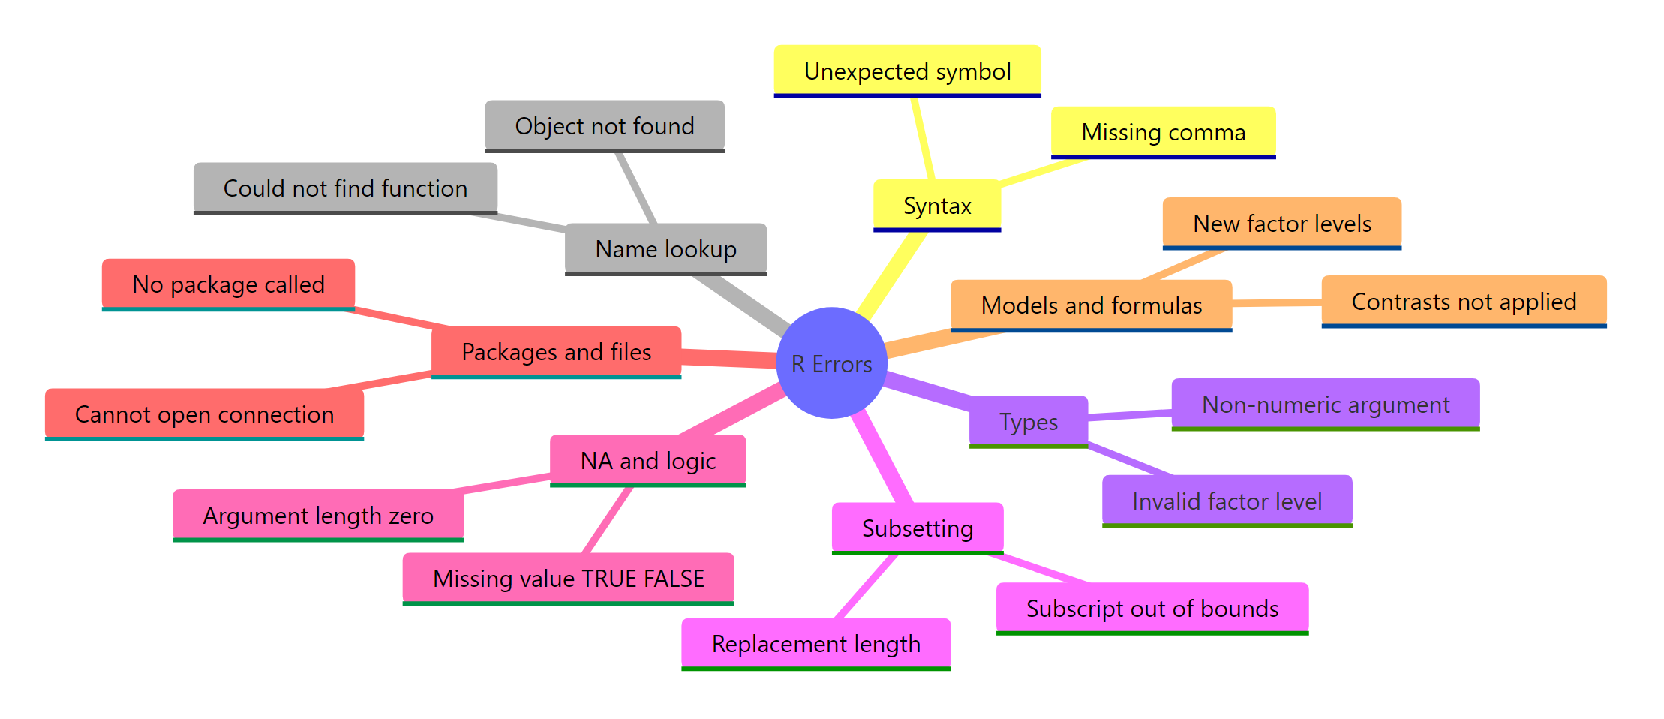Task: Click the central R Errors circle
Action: tap(831, 363)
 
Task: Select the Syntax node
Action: tap(937, 205)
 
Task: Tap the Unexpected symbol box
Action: tap(907, 71)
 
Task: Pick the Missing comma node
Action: tap(1163, 132)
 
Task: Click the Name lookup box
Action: tap(665, 248)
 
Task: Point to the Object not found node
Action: tap(605, 125)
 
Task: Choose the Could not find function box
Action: tap(345, 188)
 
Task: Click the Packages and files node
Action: tap(556, 351)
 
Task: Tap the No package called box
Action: tap(228, 284)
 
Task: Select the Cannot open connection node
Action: tap(204, 414)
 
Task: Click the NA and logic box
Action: tap(647, 460)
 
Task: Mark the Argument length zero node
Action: tap(318, 515)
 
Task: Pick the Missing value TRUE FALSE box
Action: tap(568, 578)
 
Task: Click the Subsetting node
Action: tap(917, 528)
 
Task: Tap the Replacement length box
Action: tap(815, 643)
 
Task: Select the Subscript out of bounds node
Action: tap(1152, 608)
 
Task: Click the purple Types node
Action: tap(1028, 421)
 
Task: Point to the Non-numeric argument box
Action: tap(1325, 404)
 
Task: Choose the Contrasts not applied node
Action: tap(1463, 301)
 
